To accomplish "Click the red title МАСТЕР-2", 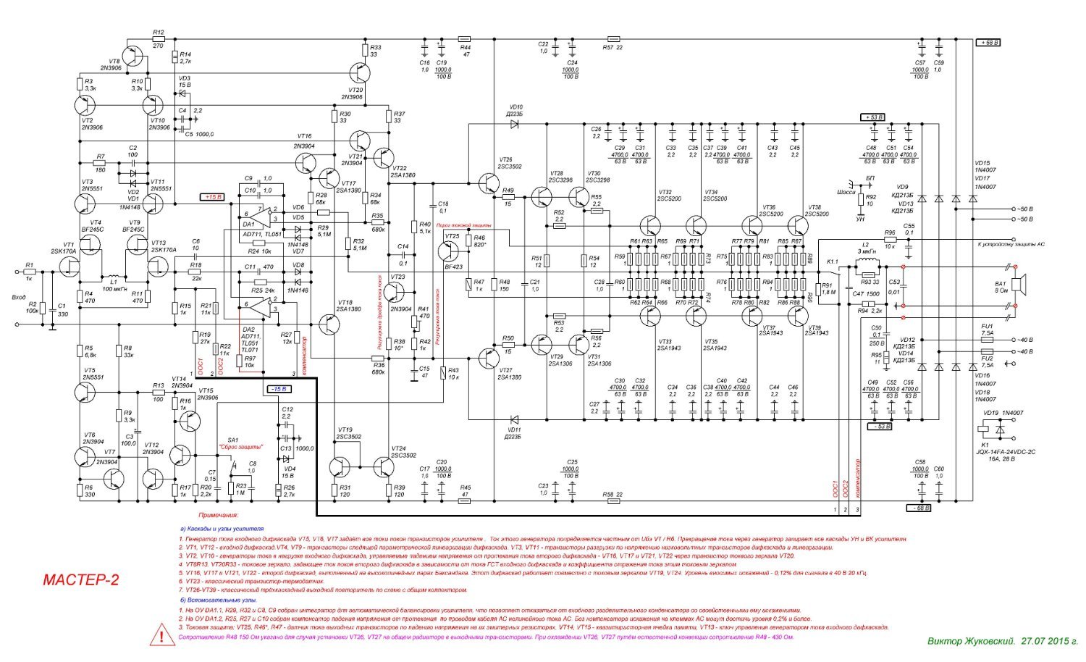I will tap(81, 580).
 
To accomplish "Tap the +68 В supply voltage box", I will tap(989, 43).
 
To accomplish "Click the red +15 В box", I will tap(213, 196).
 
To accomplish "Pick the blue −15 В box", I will tap(277, 390).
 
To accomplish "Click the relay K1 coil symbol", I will tap(984, 430).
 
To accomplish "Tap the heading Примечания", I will tap(219, 515).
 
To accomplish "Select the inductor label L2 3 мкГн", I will tap(865, 248).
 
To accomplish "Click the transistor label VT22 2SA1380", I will tap(403, 172).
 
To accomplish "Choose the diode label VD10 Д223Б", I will tap(514, 111).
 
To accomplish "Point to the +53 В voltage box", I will tap(872, 117).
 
